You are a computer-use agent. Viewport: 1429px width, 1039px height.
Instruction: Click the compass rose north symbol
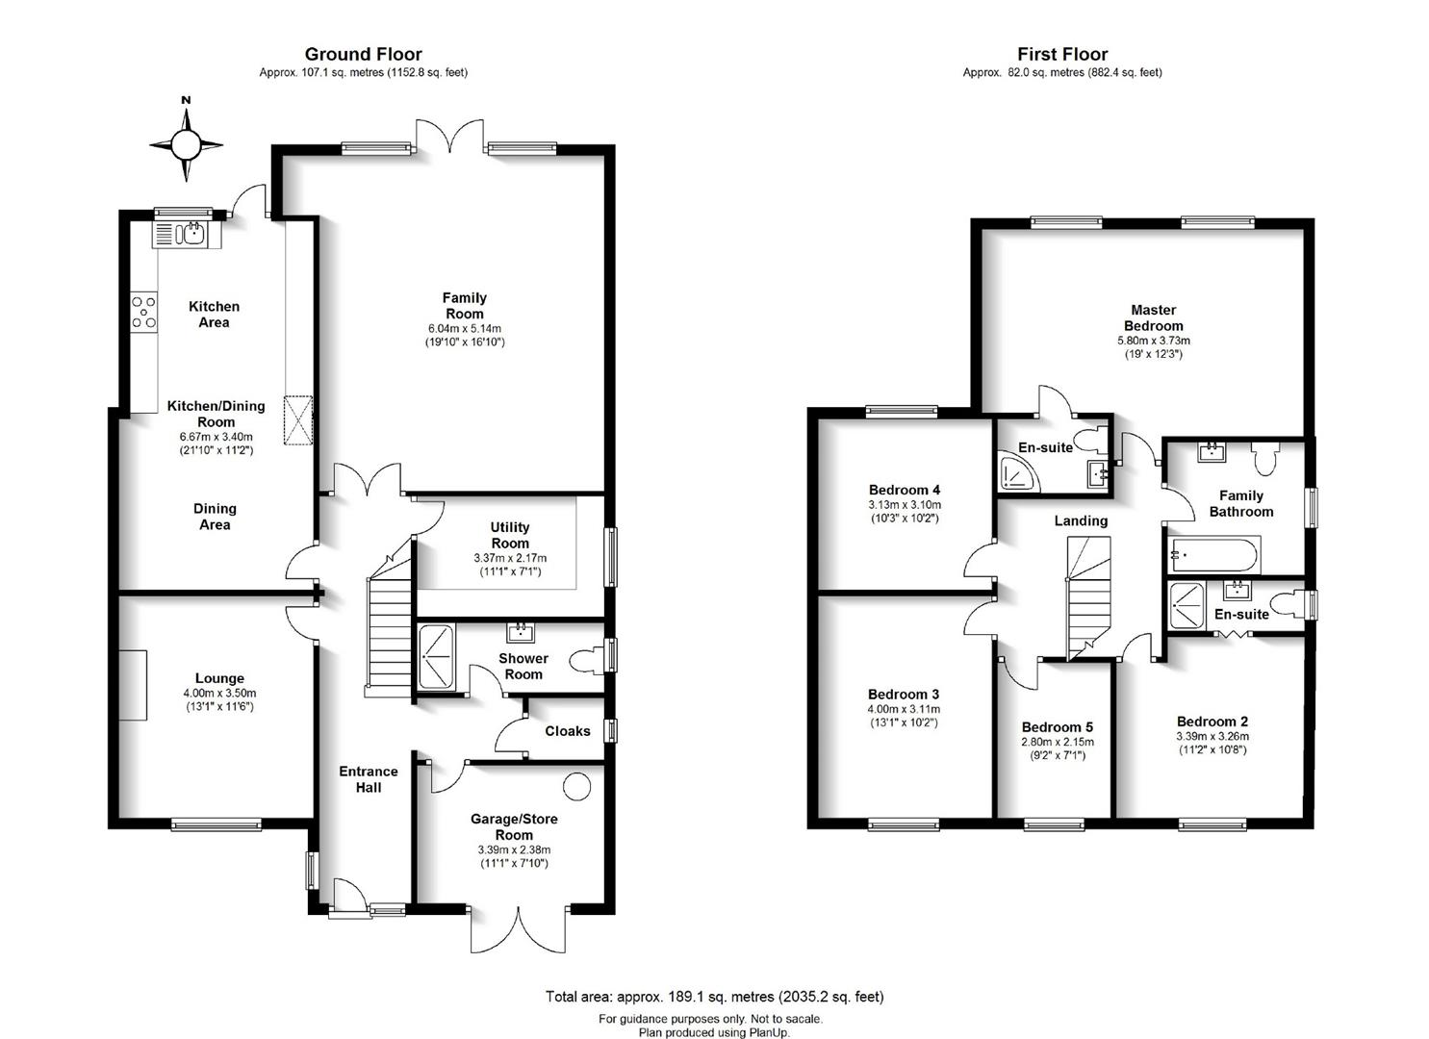coord(187,144)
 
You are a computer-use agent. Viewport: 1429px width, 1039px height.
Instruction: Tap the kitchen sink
coord(187,234)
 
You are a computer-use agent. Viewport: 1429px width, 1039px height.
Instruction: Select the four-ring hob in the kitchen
coord(144,312)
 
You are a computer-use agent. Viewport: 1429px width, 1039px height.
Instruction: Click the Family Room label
coord(465,306)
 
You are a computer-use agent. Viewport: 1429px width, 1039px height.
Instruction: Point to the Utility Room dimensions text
coord(510,565)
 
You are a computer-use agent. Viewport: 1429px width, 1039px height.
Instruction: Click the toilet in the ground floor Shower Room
coord(586,661)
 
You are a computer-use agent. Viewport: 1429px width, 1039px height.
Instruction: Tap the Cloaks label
coord(567,731)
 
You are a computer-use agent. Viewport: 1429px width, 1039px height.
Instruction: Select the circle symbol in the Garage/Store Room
coord(576,786)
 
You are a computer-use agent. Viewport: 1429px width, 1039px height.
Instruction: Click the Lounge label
coord(219,678)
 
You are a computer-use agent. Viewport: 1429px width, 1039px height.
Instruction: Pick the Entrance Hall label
coord(369,779)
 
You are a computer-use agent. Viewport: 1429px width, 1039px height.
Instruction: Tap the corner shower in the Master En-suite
coord(1018,472)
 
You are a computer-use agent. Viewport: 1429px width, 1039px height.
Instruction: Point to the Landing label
coord(1081,520)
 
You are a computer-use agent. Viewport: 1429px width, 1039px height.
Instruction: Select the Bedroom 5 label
coord(1058,727)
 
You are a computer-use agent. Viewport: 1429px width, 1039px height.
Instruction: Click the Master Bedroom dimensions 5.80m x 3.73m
coord(1154,341)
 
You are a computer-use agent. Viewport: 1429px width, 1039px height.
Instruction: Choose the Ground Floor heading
coord(363,54)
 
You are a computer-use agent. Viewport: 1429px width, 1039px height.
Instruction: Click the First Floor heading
coord(1062,54)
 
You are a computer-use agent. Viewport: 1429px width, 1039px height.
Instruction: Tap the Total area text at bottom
coord(714,997)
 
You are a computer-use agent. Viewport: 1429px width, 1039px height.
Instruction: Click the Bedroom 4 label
coord(904,490)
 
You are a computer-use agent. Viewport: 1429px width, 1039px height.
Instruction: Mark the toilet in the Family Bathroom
coord(1265,457)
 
